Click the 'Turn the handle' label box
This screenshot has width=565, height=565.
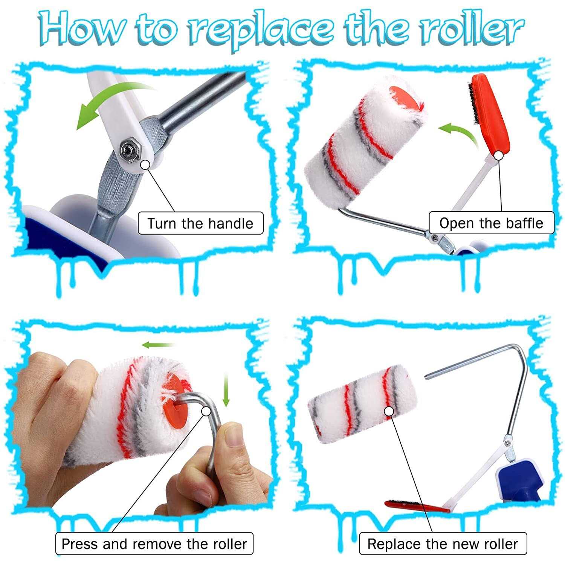coord(200,223)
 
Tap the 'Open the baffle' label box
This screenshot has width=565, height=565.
coord(491,223)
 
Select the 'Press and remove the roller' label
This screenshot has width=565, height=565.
coord(154,544)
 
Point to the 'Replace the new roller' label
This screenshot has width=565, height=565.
coord(443,544)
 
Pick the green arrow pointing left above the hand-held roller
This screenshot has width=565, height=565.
coord(159,344)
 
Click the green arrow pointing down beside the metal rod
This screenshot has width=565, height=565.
coord(226,389)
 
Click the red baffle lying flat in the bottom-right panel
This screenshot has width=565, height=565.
coord(416,506)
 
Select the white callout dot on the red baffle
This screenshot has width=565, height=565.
coord(499,155)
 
